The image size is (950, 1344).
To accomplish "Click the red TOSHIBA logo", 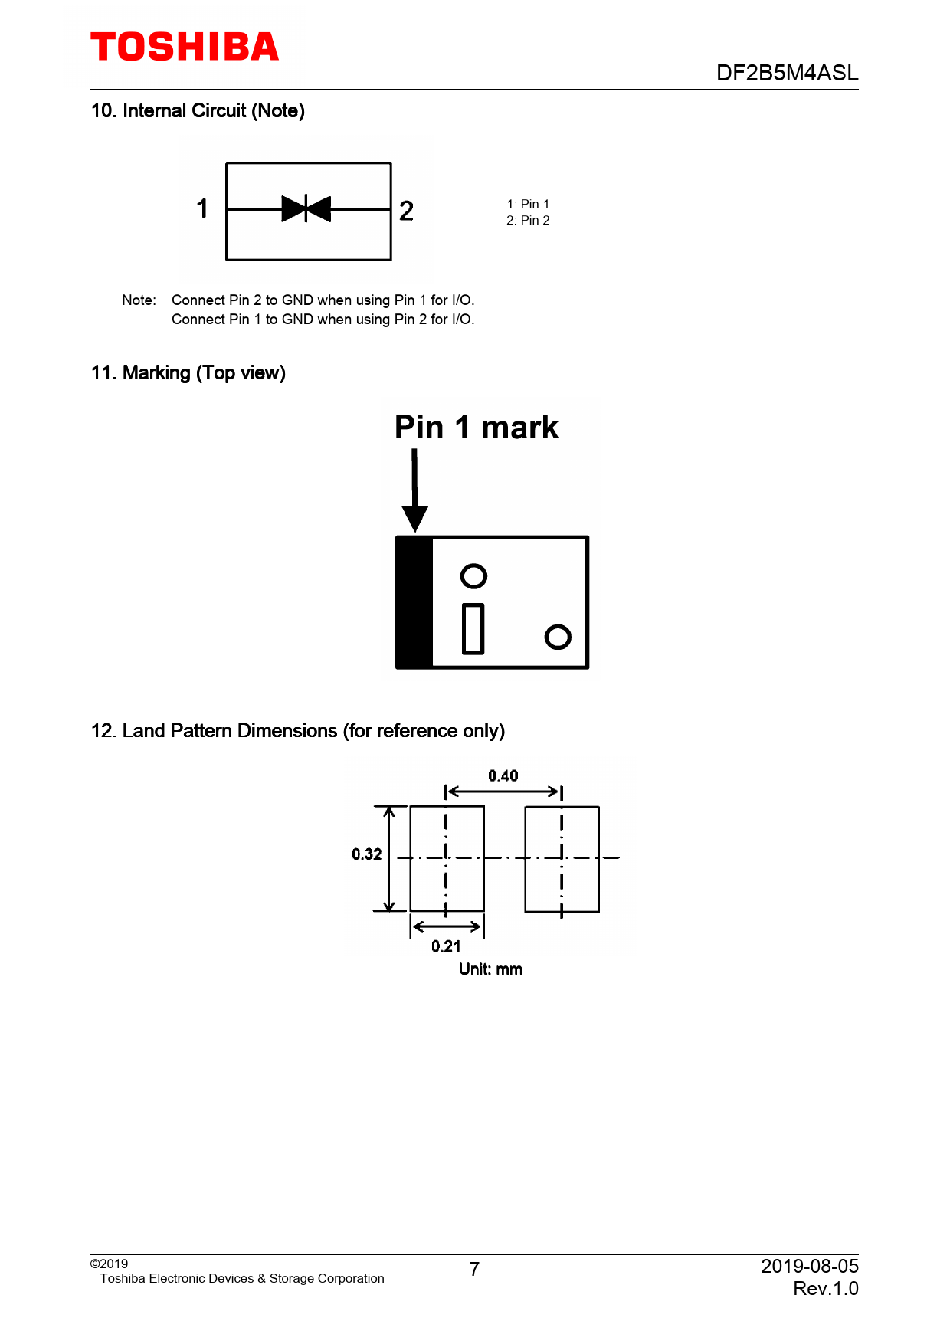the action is coord(185,47).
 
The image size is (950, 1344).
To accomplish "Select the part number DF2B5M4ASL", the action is coord(787,73).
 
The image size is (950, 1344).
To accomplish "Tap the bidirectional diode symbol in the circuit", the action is coord(306,208).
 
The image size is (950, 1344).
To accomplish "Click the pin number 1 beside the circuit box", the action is coord(202,208).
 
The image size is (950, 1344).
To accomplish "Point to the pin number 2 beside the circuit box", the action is coord(406,211).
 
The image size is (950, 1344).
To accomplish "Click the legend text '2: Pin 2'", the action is coord(528,221).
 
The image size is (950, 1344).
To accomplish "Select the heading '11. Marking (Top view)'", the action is coord(188,373).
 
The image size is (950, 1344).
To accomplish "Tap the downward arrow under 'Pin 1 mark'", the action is coord(414,490).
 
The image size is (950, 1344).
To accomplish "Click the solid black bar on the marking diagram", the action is coord(414,602).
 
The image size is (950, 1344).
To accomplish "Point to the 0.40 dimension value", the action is coord(503,776).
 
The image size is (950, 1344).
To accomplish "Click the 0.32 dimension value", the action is coord(367,854).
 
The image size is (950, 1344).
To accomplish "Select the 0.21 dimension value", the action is coord(446,946).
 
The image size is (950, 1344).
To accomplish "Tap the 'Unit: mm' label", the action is coord(490,969).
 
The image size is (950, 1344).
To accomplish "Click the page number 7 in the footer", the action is coord(475,1270).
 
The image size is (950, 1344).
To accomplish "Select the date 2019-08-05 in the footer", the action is coord(810,1266).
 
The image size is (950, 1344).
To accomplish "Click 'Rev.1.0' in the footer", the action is coord(826,1289).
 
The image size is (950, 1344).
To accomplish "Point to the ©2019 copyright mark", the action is coord(109,1264).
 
